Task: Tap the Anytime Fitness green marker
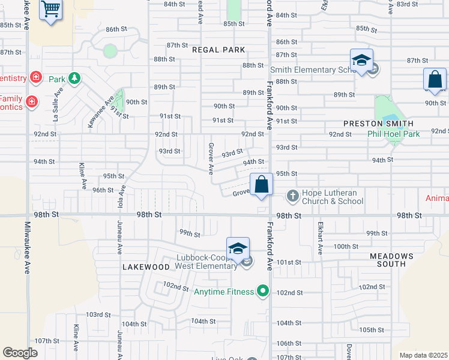262,292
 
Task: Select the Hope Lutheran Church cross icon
292,196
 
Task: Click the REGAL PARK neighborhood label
219,50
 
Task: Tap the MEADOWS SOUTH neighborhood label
391,260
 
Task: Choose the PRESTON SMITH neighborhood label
378,123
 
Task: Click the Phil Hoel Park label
394,134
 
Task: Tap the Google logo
20,353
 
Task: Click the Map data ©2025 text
423,355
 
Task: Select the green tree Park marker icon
74,79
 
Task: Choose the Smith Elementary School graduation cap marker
361,61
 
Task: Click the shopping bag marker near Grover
262,185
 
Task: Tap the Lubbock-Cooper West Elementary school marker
238,249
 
